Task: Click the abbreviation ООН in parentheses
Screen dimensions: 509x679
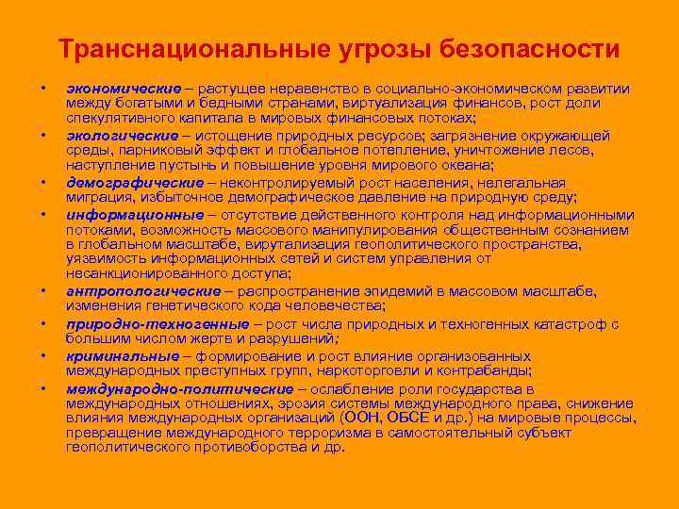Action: pyautogui.click(x=361, y=419)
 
